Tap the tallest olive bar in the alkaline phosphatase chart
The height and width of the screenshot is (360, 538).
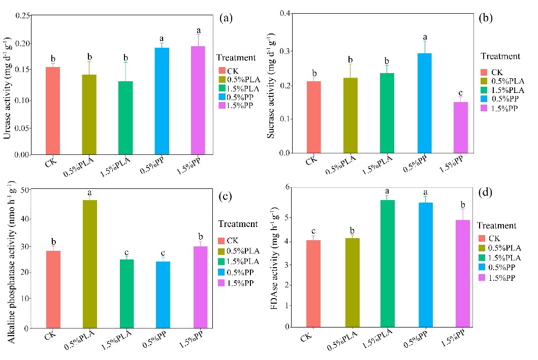pyautogui.click(x=89, y=264)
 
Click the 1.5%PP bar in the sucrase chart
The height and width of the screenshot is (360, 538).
pyautogui.click(x=460, y=127)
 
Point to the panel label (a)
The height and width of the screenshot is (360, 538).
pyautogui.click(x=226, y=19)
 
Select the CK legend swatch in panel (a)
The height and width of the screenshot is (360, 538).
pyautogui.click(x=222, y=71)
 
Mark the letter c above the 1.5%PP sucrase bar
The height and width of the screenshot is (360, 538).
pyautogui.click(x=460, y=93)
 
